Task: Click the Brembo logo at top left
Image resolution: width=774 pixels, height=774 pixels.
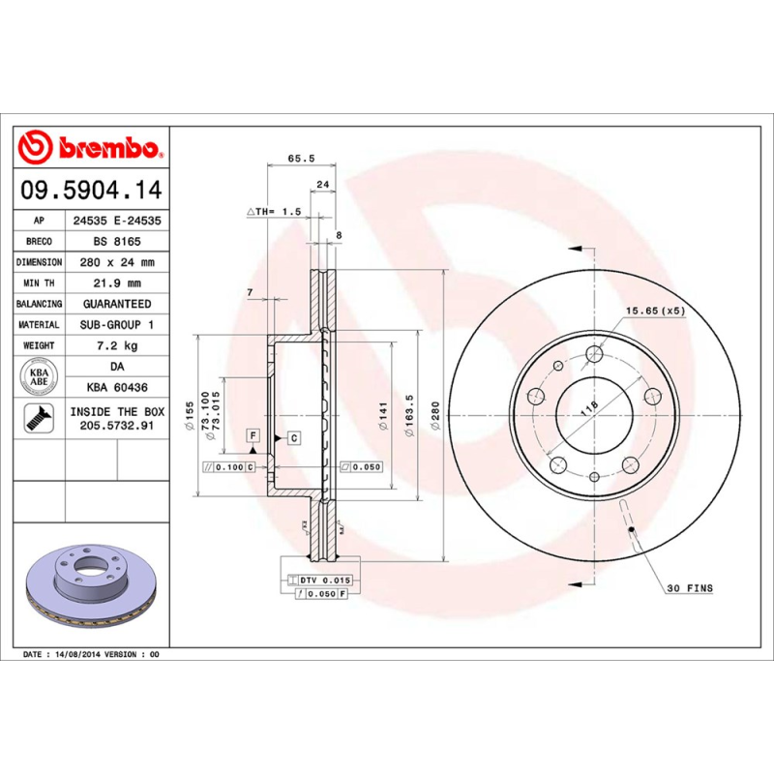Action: click(91, 148)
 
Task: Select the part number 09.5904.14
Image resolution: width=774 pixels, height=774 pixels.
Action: click(91, 191)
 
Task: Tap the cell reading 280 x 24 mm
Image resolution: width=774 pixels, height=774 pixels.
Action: click(117, 262)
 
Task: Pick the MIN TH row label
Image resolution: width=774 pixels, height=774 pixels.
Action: click(40, 283)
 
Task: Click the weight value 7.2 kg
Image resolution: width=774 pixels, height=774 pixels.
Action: click(117, 345)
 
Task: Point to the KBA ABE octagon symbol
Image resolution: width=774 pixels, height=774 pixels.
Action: click(40, 376)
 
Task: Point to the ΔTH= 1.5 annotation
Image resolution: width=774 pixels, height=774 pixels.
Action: click(275, 211)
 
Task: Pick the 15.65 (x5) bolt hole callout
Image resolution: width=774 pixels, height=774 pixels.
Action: click(654, 311)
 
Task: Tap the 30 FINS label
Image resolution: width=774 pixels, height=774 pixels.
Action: click(688, 588)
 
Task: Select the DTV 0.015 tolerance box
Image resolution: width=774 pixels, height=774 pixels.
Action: click(320, 579)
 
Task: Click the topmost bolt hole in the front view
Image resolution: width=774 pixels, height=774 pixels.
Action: click(593, 355)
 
